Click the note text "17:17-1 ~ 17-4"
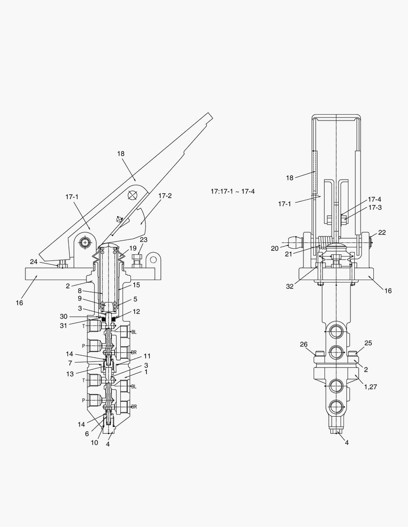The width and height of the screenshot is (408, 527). [x=233, y=192]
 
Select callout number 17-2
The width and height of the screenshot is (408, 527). [x=165, y=196]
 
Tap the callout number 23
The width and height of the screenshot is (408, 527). [x=144, y=240]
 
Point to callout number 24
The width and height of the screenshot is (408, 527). [x=34, y=262]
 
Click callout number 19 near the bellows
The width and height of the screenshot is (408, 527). [x=133, y=248]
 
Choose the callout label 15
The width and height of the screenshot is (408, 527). [x=136, y=285]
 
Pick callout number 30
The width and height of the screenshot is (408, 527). [x=64, y=316]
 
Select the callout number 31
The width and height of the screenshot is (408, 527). [x=64, y=325]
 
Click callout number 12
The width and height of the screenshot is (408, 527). [x=136, y=311]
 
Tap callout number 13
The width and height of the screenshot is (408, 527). [x=70, y=374]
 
